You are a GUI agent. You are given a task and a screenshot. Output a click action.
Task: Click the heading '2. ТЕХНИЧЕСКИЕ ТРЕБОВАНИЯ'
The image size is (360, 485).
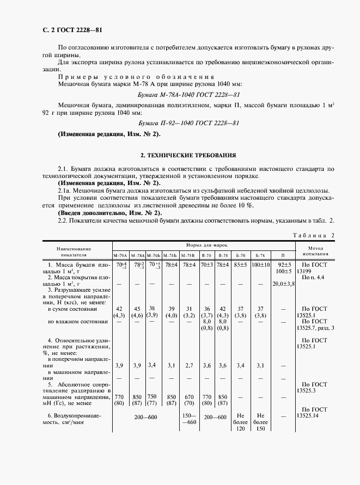[x=180, y=156]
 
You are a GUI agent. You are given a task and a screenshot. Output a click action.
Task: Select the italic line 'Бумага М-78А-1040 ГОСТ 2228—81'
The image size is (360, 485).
[x=180, y=94]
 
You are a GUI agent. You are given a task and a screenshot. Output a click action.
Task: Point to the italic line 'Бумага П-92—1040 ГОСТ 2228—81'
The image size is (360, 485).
[x=180, y=123]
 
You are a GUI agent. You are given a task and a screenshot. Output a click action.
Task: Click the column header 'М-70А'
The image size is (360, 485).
[x=120, y=255]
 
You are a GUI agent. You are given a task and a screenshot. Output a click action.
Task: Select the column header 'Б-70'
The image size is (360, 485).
[x=240, y=255]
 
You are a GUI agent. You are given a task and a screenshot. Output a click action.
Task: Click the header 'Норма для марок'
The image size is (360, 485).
[x=203, y=246]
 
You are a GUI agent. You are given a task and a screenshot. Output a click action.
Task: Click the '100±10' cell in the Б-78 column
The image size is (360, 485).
[x=260, y=265]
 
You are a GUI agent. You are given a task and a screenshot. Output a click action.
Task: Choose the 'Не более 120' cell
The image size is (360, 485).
[x=240, y=422]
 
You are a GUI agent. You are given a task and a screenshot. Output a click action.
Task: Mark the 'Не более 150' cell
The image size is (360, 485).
[x=260, y=422]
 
